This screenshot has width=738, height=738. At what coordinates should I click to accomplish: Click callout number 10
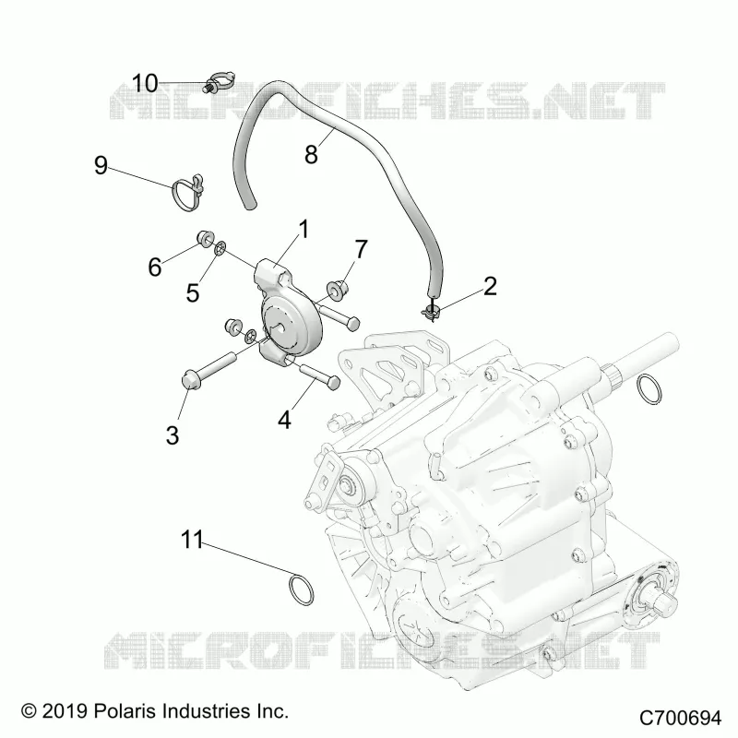coord(145,83)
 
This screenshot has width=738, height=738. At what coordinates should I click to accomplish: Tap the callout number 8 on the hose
coord(311,154)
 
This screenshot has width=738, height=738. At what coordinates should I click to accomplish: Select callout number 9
coord(101,165)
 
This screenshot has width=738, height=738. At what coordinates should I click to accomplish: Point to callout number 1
coord(304,229)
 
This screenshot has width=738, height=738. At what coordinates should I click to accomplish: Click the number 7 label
coord(361,249)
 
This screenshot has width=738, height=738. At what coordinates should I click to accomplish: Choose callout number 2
coord(490,286)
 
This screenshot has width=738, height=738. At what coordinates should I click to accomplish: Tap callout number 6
coord(155,267)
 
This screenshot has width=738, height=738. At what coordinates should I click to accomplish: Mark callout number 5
coord(193,292)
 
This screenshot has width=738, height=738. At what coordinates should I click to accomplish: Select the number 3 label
coord(173,434)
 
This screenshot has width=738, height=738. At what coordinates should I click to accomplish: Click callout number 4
coord(284,420)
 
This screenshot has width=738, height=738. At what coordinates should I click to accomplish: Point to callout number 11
coord(192,540)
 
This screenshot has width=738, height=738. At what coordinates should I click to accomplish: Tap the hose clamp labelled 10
coord(220,81)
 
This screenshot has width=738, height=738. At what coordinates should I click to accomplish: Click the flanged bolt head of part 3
coord(190,380)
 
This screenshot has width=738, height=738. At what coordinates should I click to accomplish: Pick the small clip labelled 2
coord(431,311)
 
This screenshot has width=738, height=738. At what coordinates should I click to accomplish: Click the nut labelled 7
coord(337,288)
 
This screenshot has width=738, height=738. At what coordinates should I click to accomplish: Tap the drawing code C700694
coord(680,718)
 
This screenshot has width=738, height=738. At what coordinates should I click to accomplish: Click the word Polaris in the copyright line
coord(122,710)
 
